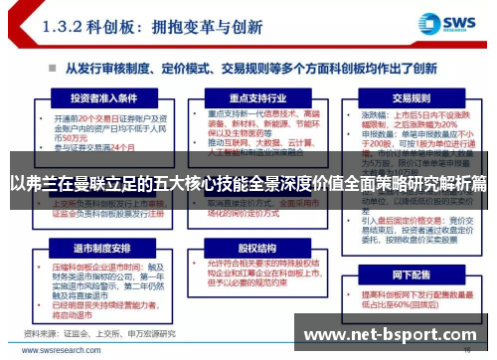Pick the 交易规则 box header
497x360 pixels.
pos(410,98)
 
